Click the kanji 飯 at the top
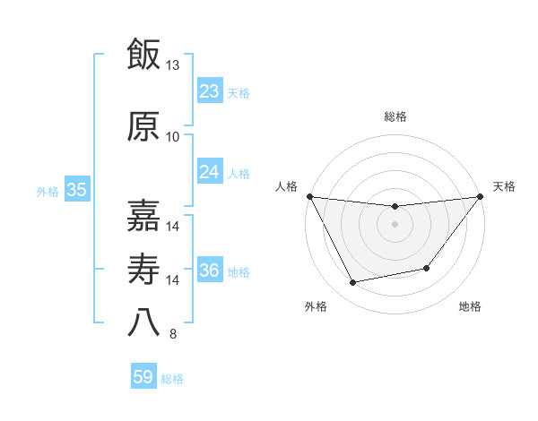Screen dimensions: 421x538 point(143,55)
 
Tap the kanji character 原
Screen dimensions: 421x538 point(143,126)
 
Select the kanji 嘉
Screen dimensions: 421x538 point(143,214)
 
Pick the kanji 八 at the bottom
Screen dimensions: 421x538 point(143,322)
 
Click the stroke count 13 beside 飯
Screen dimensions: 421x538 point(173,66)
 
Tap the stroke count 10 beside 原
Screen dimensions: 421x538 point(173,137)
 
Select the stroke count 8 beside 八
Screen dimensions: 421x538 point(173,335)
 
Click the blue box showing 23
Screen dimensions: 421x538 point(209,91)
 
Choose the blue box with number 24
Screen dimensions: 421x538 point(209,172)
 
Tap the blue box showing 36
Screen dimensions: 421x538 point(209,271)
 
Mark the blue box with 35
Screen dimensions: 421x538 point(76,190)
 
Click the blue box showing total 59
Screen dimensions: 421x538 point(143,377)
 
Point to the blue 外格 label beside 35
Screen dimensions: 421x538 point(48,191)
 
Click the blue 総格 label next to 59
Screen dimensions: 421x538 point(172,379)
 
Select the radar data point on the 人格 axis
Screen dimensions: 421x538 point(310,196)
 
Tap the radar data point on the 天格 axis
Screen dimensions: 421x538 point(480,197)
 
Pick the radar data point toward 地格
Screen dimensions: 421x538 point(427,268)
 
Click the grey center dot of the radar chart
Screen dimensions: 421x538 point(395,224)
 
